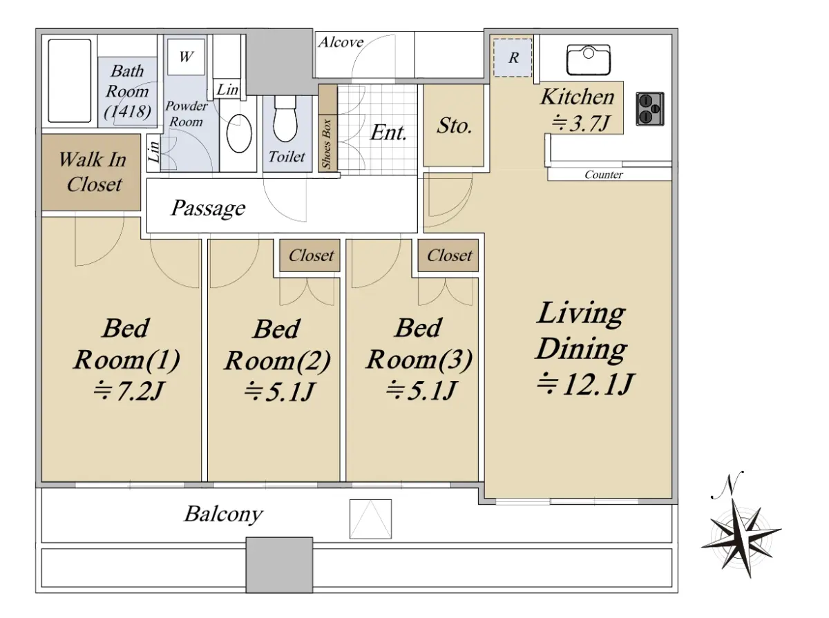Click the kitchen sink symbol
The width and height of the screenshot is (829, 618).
[588, 59]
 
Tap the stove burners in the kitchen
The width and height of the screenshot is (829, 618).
[649, 108]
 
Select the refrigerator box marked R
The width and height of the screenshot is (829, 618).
[513, 57]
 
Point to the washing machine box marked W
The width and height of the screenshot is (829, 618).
[186, 57]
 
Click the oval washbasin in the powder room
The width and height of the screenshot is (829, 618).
[239, 133]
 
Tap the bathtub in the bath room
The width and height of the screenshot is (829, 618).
[70, 81]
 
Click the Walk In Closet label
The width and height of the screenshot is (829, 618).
[93, 172]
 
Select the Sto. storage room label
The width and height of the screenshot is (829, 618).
[454, 126]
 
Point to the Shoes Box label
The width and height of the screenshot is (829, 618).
[326, 144]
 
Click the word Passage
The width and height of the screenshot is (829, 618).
[208, 208]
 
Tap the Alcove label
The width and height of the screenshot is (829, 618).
[341, 42]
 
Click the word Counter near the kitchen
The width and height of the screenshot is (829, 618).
[604, 175]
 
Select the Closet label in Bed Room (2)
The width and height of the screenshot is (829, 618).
[311, 255]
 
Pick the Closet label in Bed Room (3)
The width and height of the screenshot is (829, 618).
[450, 255]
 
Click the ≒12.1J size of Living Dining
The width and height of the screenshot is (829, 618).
[584, 383]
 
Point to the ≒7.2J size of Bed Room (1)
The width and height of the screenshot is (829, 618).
[128, 390]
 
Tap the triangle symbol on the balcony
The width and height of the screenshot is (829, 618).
[370, 519]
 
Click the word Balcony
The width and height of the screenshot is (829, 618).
[224, 514]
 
